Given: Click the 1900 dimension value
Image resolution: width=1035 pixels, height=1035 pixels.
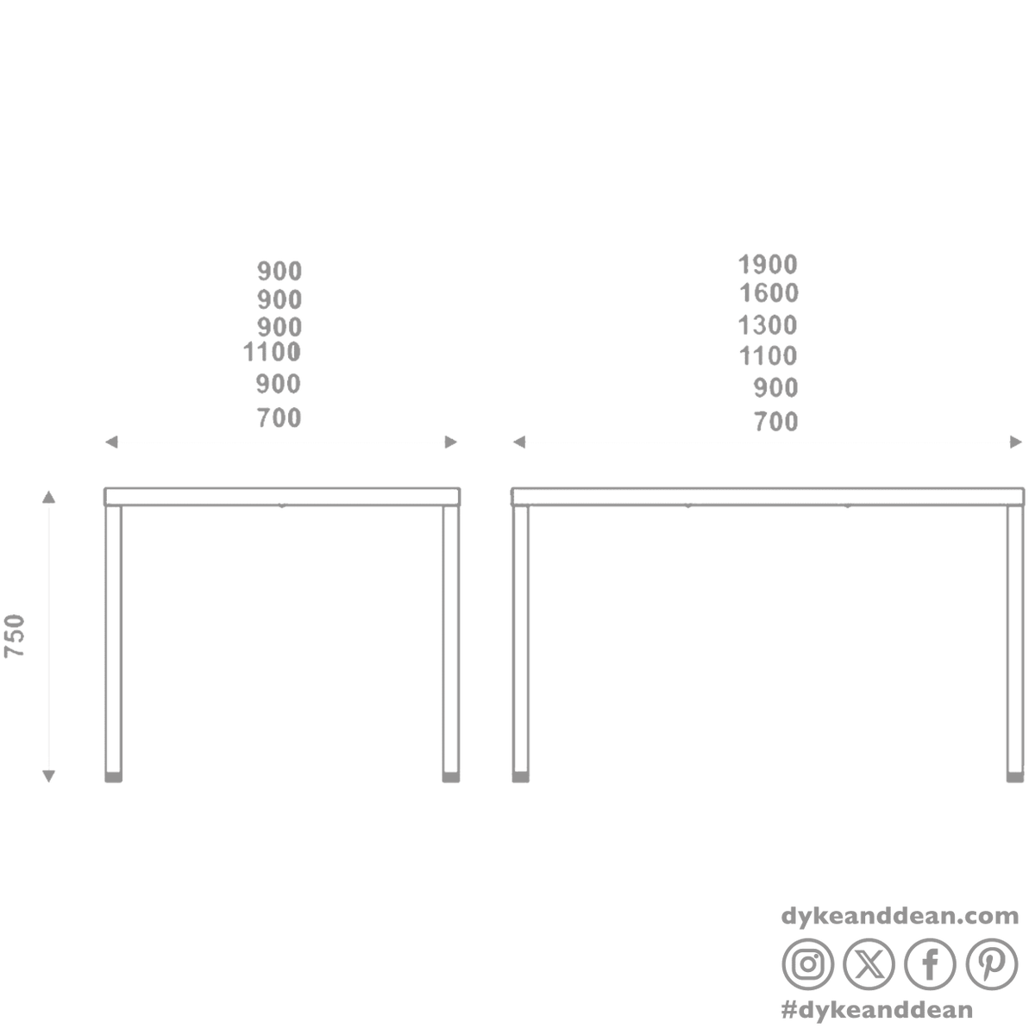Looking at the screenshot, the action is coord(768,264).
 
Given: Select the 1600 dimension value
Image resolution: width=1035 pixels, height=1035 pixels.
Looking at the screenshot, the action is coord(768,293).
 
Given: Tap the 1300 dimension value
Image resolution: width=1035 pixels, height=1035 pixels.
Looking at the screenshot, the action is coord(768,325).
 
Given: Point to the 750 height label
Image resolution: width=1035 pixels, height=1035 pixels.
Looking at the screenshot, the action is coord(15,636).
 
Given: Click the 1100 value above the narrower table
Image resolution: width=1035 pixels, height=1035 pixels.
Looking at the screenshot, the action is coord(272,353).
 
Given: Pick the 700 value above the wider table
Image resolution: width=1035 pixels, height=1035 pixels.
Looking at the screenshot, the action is coord(775,422).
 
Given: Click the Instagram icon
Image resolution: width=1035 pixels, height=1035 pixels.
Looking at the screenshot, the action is coord(808,964).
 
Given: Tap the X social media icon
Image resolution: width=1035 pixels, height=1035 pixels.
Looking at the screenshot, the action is coord(869,964).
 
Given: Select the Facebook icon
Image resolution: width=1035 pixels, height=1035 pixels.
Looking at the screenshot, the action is coord(931,964).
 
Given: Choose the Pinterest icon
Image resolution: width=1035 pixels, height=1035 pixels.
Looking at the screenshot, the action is coord(992,964).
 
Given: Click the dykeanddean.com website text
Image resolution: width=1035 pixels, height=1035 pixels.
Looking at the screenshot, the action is coord(900,916).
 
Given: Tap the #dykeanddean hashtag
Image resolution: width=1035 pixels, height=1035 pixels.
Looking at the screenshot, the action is coord(876,1010).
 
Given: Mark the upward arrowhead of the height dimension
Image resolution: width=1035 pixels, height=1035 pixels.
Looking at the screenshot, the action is coord(49,496).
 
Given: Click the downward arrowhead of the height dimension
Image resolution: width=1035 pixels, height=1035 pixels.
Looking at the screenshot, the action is coord(49,776).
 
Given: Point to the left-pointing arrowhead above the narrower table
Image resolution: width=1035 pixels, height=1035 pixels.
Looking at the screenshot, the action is coord(111,442).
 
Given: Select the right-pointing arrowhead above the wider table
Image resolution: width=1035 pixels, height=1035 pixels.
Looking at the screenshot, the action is coord(1016,442).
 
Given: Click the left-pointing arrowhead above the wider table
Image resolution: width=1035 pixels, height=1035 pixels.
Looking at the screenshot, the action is coord(519,442).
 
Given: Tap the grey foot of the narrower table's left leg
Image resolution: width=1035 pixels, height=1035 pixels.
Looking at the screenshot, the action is coord(113,777).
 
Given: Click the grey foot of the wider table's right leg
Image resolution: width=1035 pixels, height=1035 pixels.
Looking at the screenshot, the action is coord(1015,777).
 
